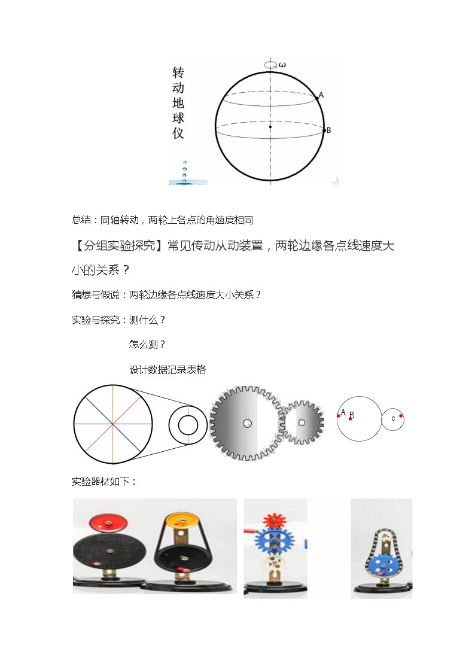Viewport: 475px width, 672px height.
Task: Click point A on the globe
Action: click(x=318, y=98)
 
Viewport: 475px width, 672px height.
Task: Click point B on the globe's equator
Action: click(x=324, y=129)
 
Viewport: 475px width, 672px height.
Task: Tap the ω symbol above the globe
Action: click(x=282, y=65)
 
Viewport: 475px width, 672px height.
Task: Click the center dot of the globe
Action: click(x=270, y=127)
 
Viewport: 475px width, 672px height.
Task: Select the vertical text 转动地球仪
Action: click(x=178, y=103)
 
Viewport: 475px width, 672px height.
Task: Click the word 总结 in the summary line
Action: click(x=81, y=220)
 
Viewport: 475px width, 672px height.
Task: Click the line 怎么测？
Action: click(x=147, y=345)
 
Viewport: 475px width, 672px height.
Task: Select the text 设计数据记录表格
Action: click(x=168, y=369)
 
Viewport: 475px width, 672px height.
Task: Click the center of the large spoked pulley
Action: click(x=113, y=424)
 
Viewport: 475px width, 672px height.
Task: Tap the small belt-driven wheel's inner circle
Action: click(x=188, y=425)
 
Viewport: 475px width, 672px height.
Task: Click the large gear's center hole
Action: click(x=247, y=424)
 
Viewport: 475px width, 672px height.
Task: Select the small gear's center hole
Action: click(x=302, y=423)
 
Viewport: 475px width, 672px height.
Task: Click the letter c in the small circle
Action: click(x=393, y=419)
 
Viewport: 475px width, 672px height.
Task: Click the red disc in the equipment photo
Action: click(x=108, y=523)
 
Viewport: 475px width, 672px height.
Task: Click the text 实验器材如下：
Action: click(x=104, y=482)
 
